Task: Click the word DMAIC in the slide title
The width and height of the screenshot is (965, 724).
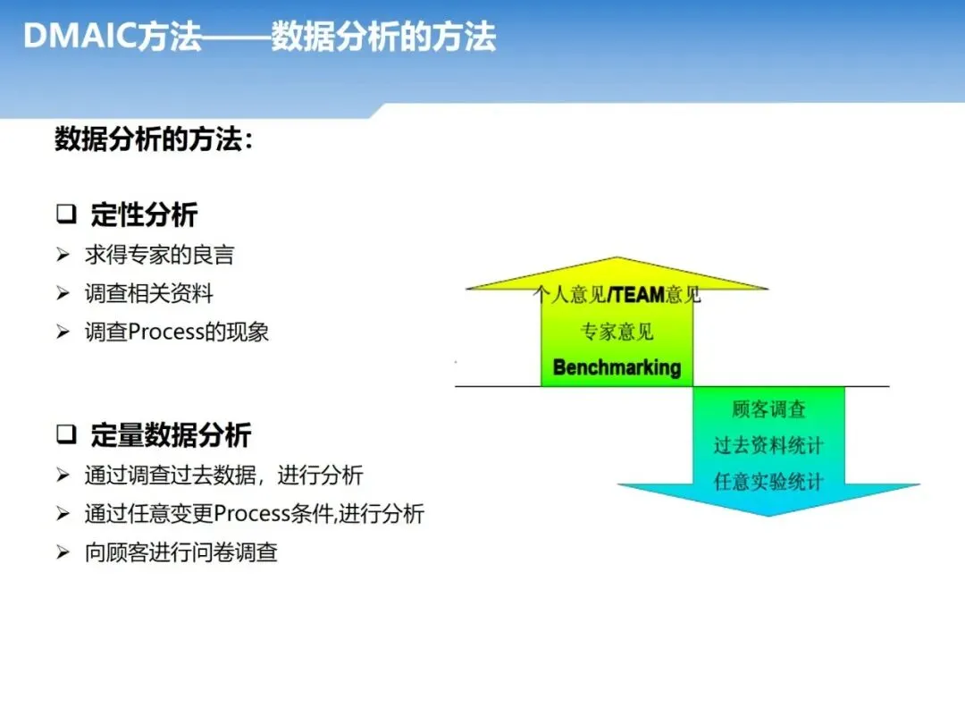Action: coord(80,37)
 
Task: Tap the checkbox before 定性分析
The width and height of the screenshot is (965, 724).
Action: coord(66,215)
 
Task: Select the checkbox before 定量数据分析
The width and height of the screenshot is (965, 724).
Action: coord(66,435)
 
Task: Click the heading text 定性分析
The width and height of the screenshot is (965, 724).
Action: coord(144,215)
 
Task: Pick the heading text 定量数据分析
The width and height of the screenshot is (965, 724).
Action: coord(171,436)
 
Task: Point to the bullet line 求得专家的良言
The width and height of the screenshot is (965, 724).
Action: coord(159,256)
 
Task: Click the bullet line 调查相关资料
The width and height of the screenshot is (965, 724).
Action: coord(149,293)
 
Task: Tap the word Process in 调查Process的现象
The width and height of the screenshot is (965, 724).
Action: coord(164,333)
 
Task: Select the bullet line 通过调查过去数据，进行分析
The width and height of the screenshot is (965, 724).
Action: coord(223,475)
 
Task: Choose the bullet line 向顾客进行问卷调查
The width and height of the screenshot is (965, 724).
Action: coord(181,552)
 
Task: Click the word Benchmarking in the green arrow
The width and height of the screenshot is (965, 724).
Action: coord(617,367)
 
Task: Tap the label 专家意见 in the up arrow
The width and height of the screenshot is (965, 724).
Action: coord(617,332)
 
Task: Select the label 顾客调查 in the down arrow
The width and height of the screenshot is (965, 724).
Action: coord(768,409)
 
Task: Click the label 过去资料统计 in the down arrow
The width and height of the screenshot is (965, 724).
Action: coord(768,445)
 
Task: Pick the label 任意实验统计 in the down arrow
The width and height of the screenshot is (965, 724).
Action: coord(768,482)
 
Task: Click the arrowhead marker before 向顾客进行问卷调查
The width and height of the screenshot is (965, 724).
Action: coord(63,552)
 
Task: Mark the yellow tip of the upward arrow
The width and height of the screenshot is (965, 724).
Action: coord(617,266)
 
